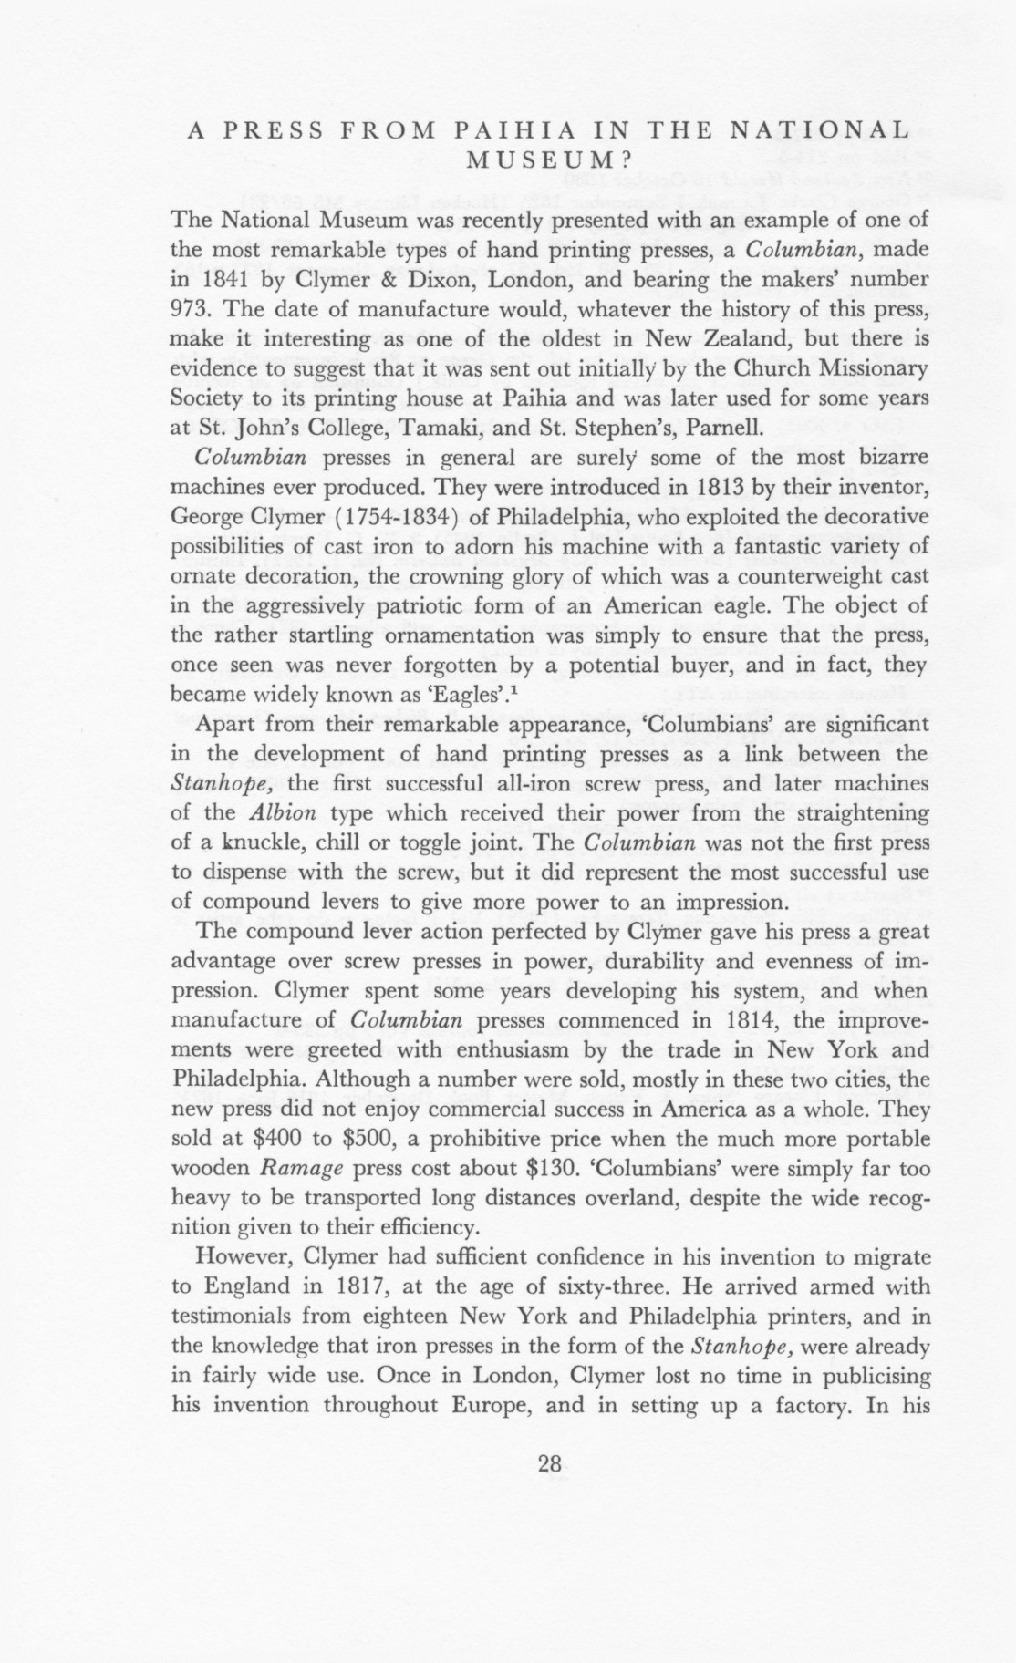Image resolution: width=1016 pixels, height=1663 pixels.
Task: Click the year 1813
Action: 725,487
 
